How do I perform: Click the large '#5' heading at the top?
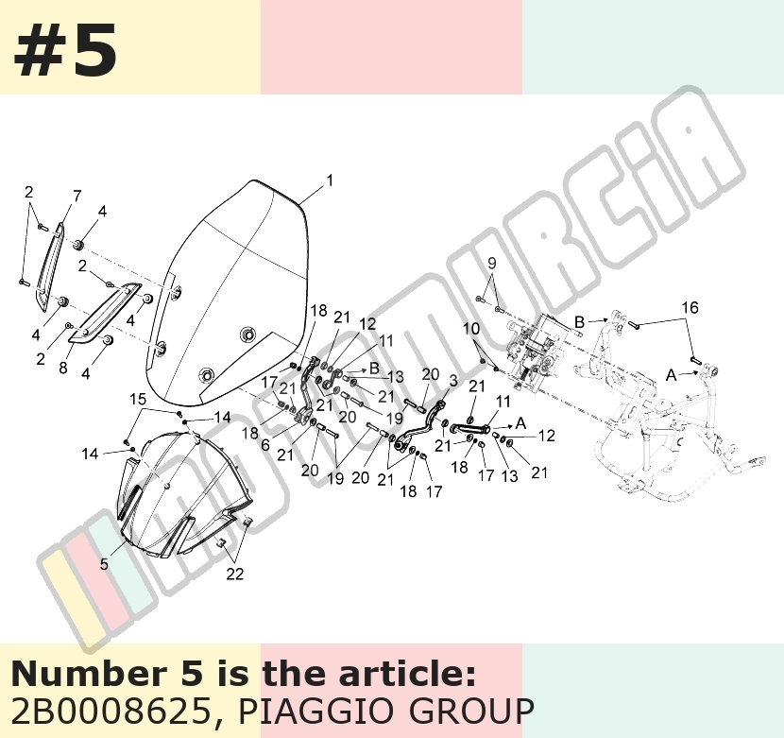pos(65,51)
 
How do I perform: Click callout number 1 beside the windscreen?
pos(330,180)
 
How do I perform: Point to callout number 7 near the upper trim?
pos(77,197)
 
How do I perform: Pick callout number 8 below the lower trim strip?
pos(62,368)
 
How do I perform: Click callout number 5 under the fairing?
pos(104,564)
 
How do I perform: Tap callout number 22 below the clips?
pos(234,574)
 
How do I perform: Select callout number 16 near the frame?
pos(690,307)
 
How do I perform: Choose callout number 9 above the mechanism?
pos(491,263)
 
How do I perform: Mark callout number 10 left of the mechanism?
pos(471,329)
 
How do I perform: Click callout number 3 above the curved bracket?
pos(453,381)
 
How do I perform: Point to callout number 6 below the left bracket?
pos(265,445)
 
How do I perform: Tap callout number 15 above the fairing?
pos(138,400)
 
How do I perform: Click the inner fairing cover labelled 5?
pos(185,495)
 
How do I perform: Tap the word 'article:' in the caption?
pos(407,674)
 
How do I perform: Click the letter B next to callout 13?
pos(374,369)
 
